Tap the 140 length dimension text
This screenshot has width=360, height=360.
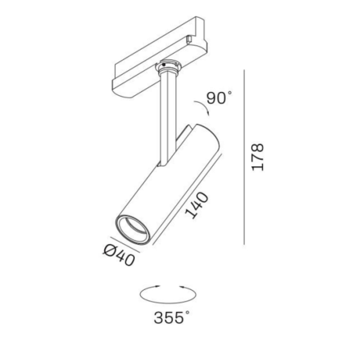[197, 205]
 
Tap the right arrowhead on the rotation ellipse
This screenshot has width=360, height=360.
[181, 286]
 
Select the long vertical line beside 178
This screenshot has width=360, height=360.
[244, 157]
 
